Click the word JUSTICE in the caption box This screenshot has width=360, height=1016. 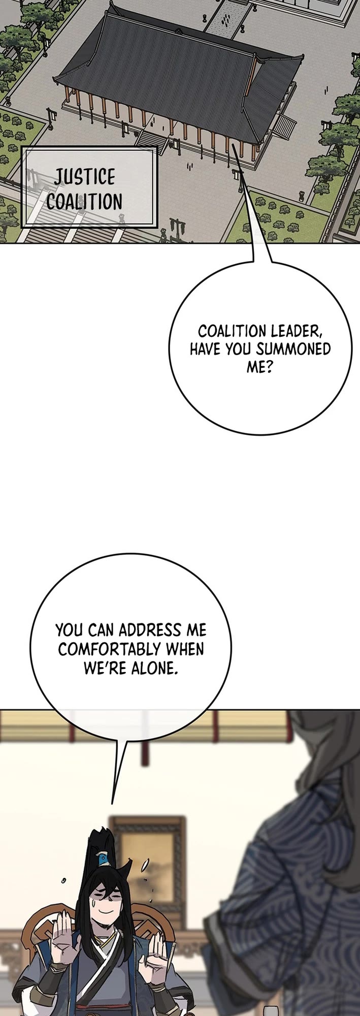click(85, 177)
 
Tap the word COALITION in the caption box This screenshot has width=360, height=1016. click(84, 202)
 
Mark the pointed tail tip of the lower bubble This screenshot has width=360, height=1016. click(112, 804)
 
